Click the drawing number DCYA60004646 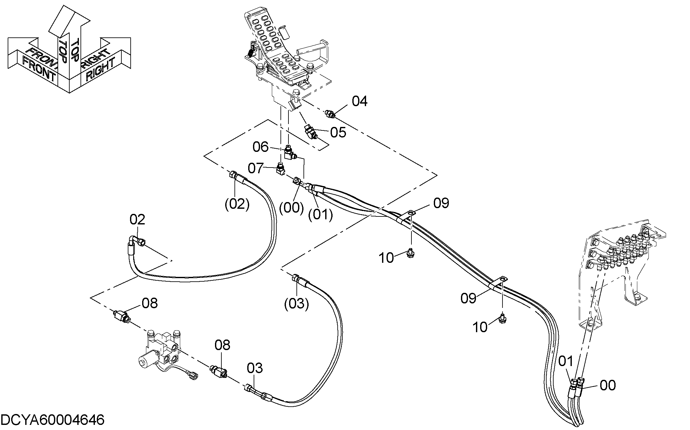[x=53, y=419]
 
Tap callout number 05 [x=338, y=132]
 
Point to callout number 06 [x=261, y=147]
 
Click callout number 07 [x=256, y=168]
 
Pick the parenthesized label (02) [x=237, y=204]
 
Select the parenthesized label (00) [x=291, y=208]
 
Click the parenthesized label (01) [x=320, y=215]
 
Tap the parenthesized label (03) [x=296, y=304]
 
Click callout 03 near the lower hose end [x=255, y=368]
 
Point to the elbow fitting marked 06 [x=290, y=152]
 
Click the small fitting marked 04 [x=330, y=114]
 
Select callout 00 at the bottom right [x=607, y=385]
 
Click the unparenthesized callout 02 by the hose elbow [x=137, y=220]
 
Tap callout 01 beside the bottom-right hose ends [x=566, y=361]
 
